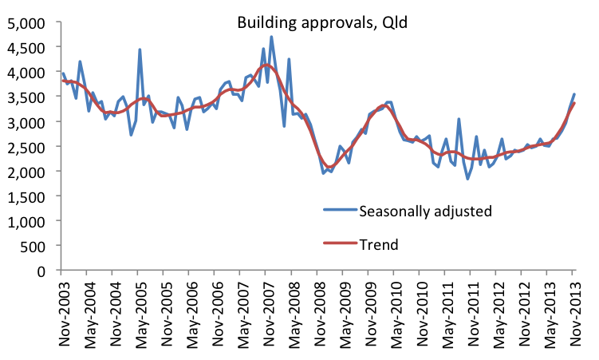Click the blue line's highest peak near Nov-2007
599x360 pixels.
(x=271, y=36)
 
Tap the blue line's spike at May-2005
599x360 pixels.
(x=140, y=49)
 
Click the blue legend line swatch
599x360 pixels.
(x=337, y=212)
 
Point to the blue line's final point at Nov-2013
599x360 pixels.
(x=574, y=94)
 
